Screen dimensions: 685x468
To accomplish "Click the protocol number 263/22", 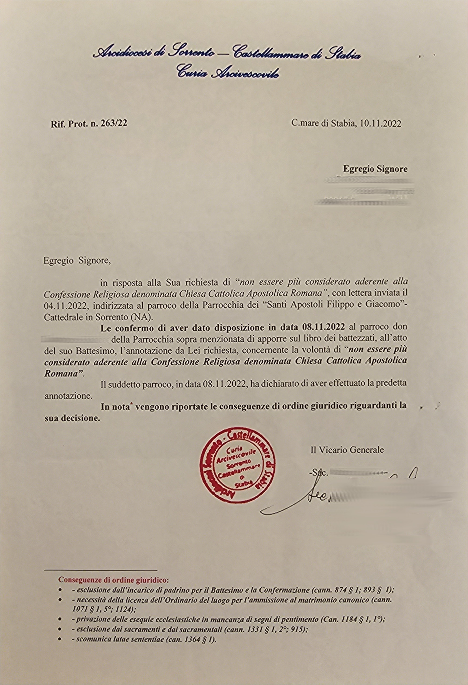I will [x=113, y=123].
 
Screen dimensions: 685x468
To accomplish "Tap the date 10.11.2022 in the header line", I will [x=380, y=124].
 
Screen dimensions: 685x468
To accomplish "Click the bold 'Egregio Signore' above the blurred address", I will [x=375, y=169].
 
